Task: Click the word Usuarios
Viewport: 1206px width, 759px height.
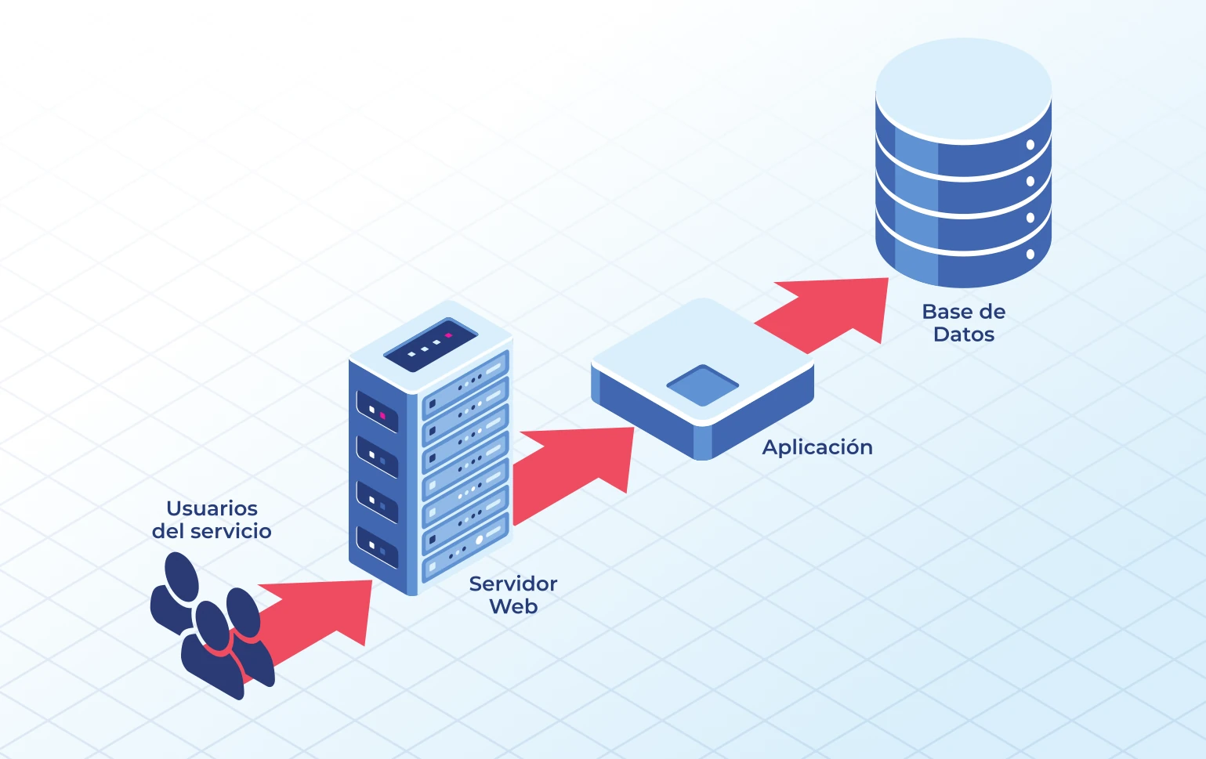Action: coord(212,508)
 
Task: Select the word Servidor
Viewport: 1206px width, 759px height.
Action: coord(512,584)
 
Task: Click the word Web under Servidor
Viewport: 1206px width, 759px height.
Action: coord(513,606)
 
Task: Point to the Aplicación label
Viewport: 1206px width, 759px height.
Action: coord(817,447)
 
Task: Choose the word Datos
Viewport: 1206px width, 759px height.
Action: coord(964,334)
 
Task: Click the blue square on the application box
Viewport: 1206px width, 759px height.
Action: coord(703,385)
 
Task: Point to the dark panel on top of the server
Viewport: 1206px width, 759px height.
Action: coord(430,345)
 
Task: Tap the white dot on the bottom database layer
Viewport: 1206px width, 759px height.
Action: coord(1030,254)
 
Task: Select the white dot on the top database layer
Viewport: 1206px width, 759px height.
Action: coord(1030,145)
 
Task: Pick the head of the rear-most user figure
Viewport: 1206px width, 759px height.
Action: coord(182,576)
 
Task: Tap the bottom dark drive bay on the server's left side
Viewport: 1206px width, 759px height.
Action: coord(377,547)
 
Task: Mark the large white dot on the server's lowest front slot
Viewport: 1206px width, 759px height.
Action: coord(480,540)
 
